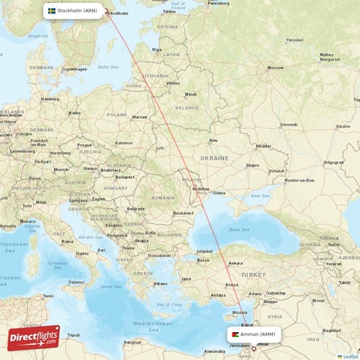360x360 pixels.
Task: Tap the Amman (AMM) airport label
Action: pyautogui.click(x=258, y=335)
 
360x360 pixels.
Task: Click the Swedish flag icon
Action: pyautogui.click(x=52, y=11)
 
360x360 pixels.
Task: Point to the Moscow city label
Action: pyautogui.click(x=274, y=67)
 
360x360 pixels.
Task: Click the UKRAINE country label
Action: pyautogui.click(x=215, y=158)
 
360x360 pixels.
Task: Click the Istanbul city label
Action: pyautogui.click(x=205, y=251)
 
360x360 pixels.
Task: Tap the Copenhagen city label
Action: pyautogui.click(x=74, y=69)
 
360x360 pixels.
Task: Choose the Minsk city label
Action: pyautogui.click(x=190, y=94)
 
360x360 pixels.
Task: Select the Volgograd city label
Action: pyautogui.click(x=333, y=162)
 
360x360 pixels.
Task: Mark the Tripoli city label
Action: pyautogui.click(x=73, y=335)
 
